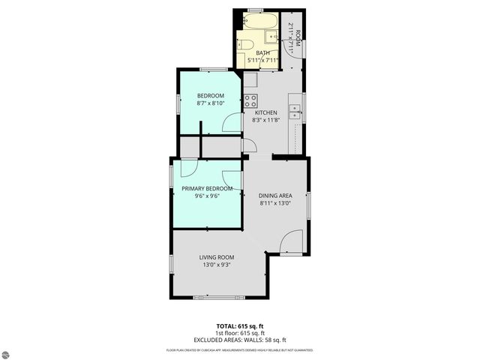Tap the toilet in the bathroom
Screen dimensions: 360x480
pyautogui.click(x=244, y=43)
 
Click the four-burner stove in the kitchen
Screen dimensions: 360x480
pyautogui.click(x=250, y=100)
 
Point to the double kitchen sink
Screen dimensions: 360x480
pyautogui.click(x=295, y=110)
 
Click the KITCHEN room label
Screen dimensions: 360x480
pyautogui.click(x=266, y=112)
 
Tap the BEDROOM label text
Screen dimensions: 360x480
pyautogui.click(x=210, y=95)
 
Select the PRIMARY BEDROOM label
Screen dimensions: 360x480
pyautogui.click(x=206, y=188)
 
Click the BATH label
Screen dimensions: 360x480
pyautogui.click(x=262, y=53)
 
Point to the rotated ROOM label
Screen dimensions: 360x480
pyautogui.click(x=298, y=37)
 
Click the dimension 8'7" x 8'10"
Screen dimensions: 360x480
pyautogui.click(x=210, y=103)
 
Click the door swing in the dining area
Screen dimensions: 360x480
pyautogui.click(x=292, y=242)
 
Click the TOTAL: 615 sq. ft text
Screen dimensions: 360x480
pyautogui.click(x=240, y=326)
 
